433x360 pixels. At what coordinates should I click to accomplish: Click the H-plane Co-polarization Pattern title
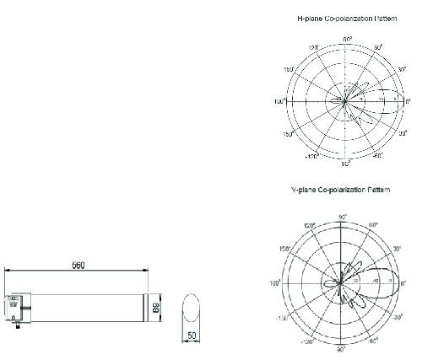(347, 17)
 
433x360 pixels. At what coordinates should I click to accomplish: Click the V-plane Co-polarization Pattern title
(347, 191)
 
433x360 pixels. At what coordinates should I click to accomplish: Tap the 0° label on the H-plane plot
(409, 101)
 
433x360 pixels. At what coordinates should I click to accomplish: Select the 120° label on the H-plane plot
(313, 48)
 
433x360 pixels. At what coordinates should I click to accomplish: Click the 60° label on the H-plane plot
(378, 47)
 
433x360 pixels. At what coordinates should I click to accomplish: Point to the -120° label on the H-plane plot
(311, 155)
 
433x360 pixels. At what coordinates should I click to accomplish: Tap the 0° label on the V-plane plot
(403, 284)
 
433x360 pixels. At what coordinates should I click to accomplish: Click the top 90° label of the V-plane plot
(341, 218)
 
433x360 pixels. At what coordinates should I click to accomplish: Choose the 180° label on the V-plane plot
(275, 284)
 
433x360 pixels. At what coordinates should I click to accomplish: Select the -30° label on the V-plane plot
(398, 317)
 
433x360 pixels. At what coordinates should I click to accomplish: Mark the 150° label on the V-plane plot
(285, 249)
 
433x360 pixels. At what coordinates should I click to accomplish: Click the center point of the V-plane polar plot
(341, 283)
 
